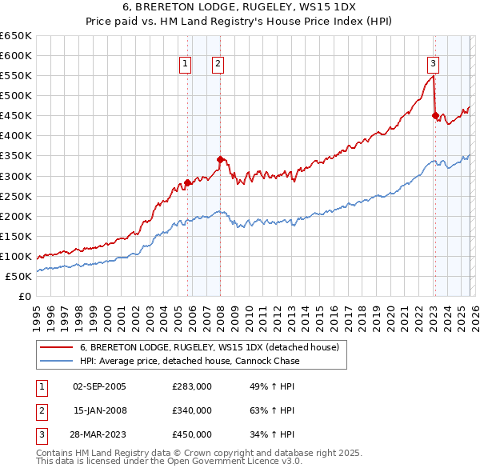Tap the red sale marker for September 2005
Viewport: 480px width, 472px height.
pos(187,182)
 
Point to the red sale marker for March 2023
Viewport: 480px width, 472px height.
pos(435,115)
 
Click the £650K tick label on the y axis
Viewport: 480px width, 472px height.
pos(15,36)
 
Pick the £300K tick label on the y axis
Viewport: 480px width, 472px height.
pos(15,176)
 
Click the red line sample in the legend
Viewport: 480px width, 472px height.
pos(57,347)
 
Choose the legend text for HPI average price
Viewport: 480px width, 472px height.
pos(190,361)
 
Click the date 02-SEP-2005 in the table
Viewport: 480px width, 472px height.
pos(99,386)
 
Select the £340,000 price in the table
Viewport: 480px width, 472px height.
pos(192,410)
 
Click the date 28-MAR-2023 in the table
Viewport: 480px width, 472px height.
pos(99,434)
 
